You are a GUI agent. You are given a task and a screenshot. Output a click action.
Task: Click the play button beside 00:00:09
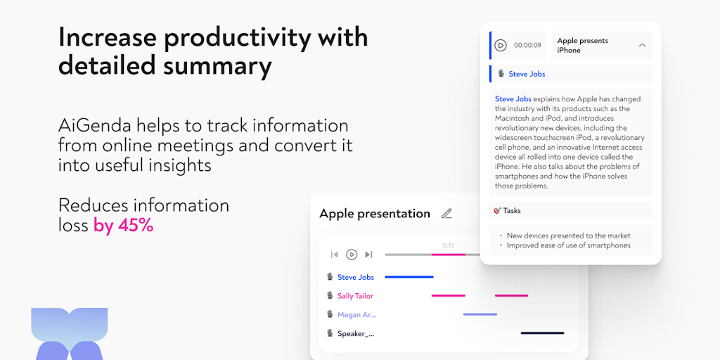[501, 46]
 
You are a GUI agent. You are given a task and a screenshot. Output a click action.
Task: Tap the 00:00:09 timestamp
[527, 46]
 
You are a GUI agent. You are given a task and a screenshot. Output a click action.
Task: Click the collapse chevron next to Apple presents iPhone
[643, 46]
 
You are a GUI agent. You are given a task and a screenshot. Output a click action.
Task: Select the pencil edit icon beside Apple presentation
[446, 214]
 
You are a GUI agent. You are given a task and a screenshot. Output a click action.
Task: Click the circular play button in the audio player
[352, 255]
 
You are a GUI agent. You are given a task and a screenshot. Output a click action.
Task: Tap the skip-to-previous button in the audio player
[335, 255]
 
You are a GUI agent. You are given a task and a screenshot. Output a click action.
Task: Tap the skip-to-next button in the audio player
[368, 255]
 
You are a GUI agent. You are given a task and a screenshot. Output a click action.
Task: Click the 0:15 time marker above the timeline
[448, 245]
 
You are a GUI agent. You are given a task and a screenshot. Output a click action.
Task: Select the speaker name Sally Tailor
[355, 296]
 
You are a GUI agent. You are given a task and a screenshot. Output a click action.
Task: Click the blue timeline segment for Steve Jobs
[409, 277]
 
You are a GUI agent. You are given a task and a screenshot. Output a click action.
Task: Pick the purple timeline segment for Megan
[480, 314]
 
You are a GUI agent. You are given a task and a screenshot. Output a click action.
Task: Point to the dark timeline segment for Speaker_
[542, 333]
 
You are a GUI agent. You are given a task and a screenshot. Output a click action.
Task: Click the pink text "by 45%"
[124, 226]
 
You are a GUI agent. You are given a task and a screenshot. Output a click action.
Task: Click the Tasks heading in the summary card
[512, 211]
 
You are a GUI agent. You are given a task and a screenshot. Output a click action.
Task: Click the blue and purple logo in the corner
[70, 334]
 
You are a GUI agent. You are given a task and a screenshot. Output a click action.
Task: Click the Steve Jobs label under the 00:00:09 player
[527, 74]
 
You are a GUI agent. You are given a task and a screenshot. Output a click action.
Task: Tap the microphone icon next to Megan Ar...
[329, 314]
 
